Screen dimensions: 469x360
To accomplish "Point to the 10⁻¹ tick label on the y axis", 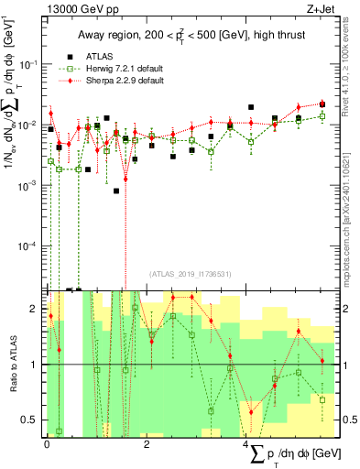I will coord(27,63).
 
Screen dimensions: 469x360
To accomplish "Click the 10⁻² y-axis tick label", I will coord(27,125).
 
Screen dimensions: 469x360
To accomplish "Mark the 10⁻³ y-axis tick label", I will coord(27,185).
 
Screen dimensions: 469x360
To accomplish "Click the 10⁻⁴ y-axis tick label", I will coord(27,246).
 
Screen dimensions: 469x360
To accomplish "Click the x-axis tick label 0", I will coord(47,444).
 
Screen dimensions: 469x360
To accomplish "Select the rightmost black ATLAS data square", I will coord(322,105).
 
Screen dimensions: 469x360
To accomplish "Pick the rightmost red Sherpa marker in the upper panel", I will coord(322,104).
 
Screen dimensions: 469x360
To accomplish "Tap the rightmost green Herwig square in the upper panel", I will coord(322,116).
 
